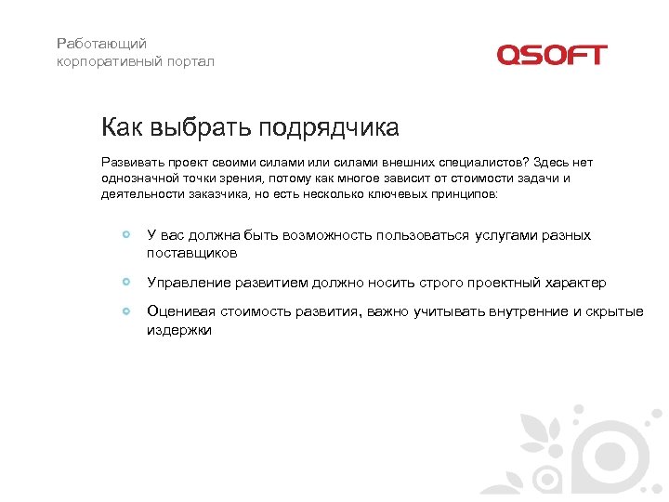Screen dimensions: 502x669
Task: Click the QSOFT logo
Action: click(x=551, y=55)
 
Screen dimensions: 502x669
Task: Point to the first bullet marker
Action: click(x=126, y=235)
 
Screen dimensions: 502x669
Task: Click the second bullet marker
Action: click(x=126, y=282)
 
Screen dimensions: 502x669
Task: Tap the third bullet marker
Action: click(x=126, y=311)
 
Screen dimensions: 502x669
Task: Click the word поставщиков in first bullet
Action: click(x=192, y=252)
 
